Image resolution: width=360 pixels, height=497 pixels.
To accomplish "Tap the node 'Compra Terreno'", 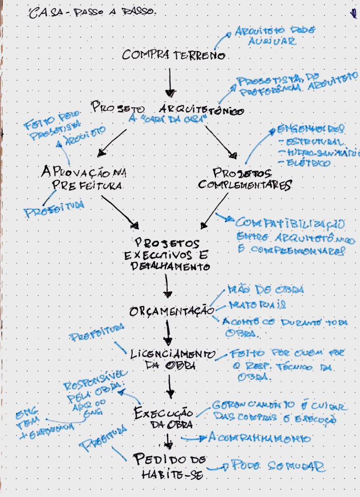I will [x=173, y=55].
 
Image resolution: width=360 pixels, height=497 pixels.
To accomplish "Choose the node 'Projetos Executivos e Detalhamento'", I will [x=168, y=254].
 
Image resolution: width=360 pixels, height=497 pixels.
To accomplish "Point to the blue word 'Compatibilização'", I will [x=290, y=224].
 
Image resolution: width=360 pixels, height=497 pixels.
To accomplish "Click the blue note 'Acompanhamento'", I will [x=259, y=438].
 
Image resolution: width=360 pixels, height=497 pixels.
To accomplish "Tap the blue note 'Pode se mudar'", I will [x=277, y=466].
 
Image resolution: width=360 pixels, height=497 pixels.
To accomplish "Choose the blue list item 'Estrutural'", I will [x=313, y=142].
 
